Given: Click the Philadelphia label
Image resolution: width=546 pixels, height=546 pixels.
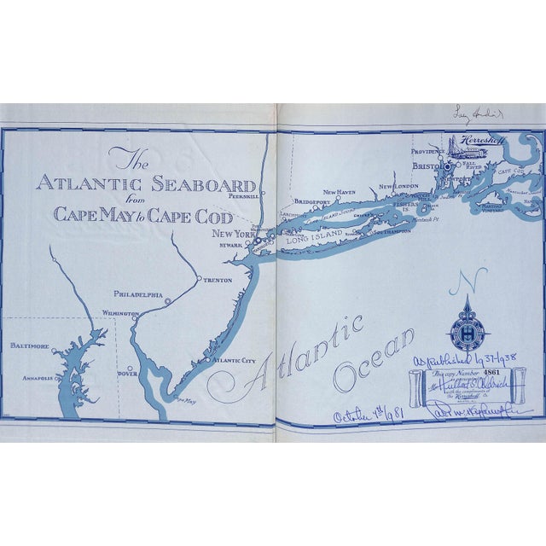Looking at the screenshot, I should tap(137, 294).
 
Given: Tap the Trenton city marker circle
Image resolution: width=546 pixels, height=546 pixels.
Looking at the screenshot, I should tap(199, 280).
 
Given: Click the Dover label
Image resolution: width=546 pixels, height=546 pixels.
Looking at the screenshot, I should tap(127, 373).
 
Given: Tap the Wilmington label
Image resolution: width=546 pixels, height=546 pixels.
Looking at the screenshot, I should tap(120, 313).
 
